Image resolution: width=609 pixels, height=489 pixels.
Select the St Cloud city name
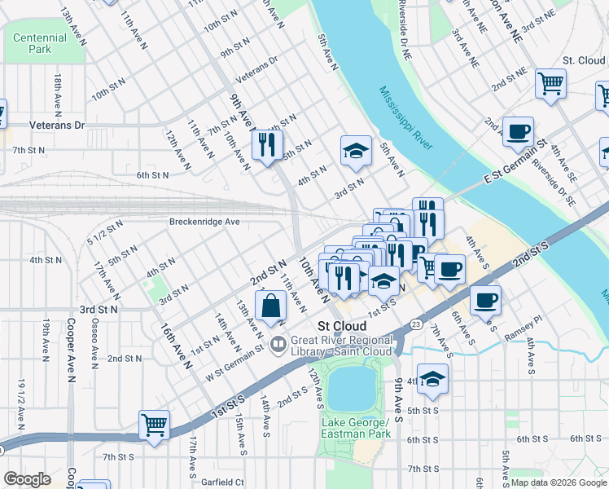(x=341, y=325)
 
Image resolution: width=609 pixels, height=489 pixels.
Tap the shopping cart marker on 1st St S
(x=154, y=425)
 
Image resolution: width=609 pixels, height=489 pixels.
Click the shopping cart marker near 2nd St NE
(x=551, y=83)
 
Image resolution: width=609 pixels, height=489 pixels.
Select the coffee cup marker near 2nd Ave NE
(x=518, y=132)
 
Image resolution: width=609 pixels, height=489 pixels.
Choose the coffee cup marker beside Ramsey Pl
(x=486, y=301)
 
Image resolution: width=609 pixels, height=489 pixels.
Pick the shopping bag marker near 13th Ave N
(x=270, y=307)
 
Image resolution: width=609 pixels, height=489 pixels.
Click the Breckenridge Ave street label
(x=204, y=222)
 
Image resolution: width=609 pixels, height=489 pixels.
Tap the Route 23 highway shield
(x=416, y=324)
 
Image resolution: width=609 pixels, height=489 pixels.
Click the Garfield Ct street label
(x=222, y=482)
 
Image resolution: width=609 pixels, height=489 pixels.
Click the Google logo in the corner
(x=28, y=479)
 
